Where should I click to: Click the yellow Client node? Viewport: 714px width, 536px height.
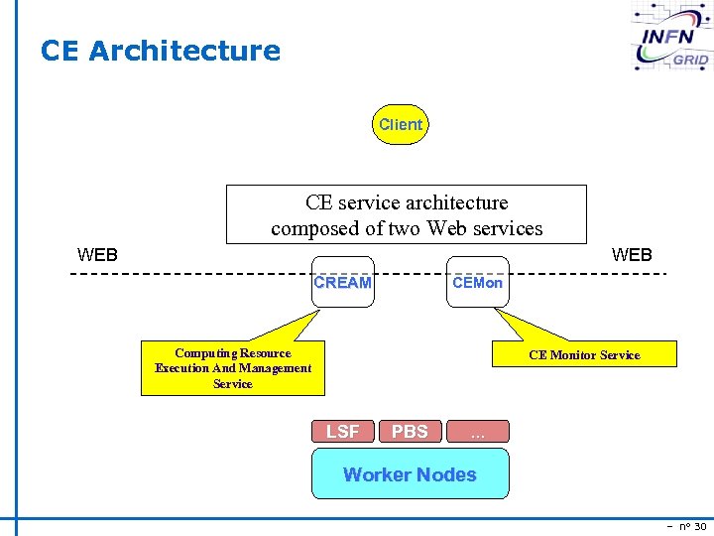coord(401,125)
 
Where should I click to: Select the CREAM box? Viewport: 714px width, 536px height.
coord(343,282)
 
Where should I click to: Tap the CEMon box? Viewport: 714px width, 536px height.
coord(477,282)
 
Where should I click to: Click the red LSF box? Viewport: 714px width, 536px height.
coord(343,431)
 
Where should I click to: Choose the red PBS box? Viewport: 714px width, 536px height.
coord(410,431)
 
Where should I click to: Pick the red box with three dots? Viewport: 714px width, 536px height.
coord(477,431)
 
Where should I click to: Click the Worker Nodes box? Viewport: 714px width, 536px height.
coord(410,473)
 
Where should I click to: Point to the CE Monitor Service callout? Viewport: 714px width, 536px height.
coord(584,354)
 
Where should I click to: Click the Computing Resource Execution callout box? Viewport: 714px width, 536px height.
coord(233,368)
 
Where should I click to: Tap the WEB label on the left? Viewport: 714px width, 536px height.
coord(97,255)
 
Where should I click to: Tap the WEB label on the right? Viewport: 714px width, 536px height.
coord(632,255)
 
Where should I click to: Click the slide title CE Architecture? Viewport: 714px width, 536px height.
coord(161,51)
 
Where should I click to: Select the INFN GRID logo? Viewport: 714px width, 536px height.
coord(672,38)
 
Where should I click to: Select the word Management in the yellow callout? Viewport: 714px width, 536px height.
coord(268,368)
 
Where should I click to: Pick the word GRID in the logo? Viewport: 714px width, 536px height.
coord(690,60)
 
